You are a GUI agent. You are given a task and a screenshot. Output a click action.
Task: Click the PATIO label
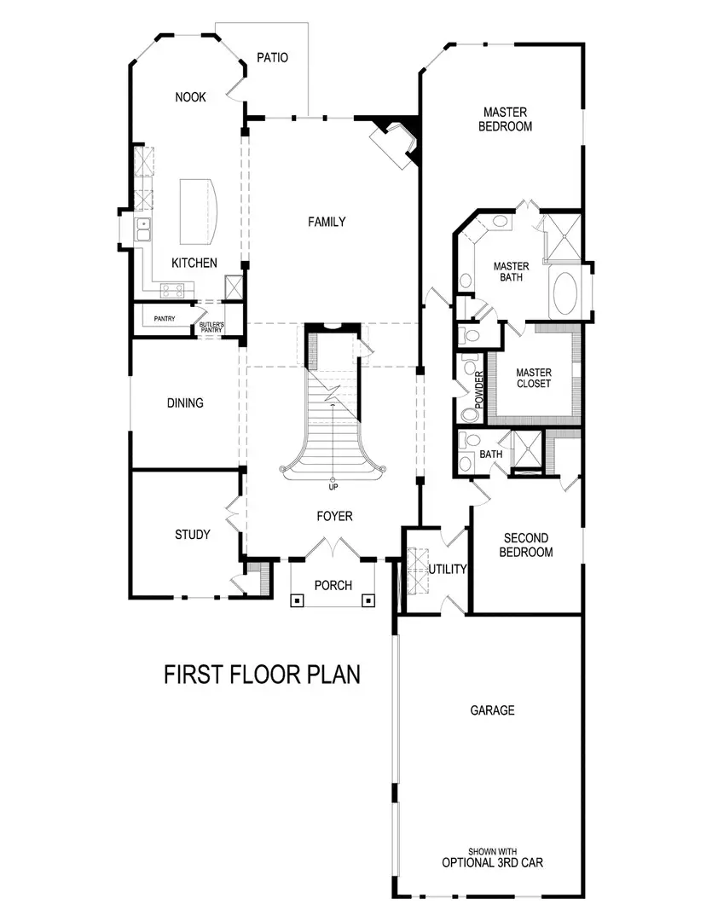pos(273,58)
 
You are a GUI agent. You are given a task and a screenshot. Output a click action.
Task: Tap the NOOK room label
pos(190,97)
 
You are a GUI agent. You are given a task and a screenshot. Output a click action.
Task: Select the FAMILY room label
pos(327,222)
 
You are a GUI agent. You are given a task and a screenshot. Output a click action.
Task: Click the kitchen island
pos(198,211)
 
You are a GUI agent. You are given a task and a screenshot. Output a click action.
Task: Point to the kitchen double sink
pos(144,227)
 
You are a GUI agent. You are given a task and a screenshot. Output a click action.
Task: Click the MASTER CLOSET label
pos(534,379)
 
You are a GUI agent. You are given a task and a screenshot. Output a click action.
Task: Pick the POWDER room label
pos(479,390)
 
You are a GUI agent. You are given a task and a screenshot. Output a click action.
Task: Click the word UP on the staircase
pos(333,487)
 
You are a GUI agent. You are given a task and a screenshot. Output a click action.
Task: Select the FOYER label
pos(333,516)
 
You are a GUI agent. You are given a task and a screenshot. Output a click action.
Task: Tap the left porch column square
pos(298,600)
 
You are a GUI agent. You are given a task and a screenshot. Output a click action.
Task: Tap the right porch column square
pos(368,600)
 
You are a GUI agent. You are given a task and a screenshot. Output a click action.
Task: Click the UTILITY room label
pos(448,569)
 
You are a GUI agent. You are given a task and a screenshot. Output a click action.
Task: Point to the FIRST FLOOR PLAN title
pos(262,675)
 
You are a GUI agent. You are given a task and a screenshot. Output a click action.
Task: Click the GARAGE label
pos(492,710)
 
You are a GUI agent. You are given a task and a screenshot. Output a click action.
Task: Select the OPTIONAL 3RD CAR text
pos(492,862)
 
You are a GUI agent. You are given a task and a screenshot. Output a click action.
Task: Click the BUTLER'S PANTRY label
pos(210,328)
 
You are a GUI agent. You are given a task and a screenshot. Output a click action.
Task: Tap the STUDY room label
pos(192,535)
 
